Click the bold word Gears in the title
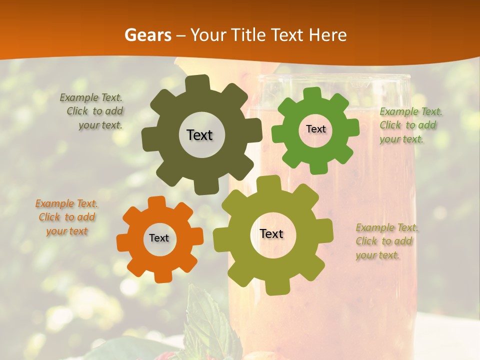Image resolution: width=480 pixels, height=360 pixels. click(x=147, y=34)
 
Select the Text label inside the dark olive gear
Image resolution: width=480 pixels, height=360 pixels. click(x=199, y=135)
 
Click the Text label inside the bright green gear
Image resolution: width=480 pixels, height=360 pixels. click(x=315, y=129)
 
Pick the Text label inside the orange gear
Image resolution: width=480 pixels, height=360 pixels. click(x=159, y=238)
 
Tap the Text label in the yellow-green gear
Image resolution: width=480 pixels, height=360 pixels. click(x=271, y=233)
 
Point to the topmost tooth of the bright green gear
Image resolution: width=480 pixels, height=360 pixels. click(x=312, y=93)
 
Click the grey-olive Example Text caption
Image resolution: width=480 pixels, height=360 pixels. click(x=93, y=111)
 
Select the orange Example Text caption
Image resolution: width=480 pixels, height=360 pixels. click(x=66, y=217)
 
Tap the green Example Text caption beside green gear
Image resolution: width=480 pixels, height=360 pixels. click(x=410, y=125)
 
